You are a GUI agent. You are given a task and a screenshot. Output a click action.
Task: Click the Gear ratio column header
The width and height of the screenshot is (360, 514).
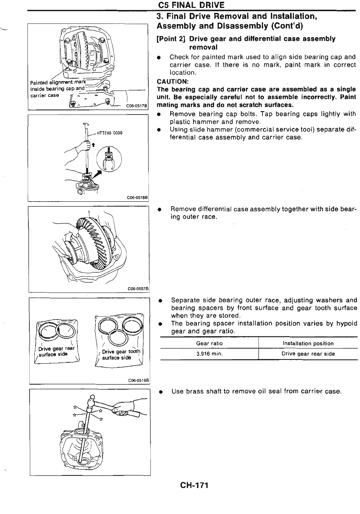(209, 343)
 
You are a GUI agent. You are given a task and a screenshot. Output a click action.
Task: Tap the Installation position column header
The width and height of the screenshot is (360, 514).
(308, 343)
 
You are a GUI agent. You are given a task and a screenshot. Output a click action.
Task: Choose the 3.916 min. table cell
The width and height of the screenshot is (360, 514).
(209, 354)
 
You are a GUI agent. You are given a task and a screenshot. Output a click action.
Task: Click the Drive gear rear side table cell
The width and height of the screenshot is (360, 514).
(308, 354)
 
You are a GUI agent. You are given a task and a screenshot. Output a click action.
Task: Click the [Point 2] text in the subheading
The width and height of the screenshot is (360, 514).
(171, 39)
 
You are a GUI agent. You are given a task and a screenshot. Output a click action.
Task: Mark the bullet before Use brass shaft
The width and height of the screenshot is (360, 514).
(160, 392)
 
